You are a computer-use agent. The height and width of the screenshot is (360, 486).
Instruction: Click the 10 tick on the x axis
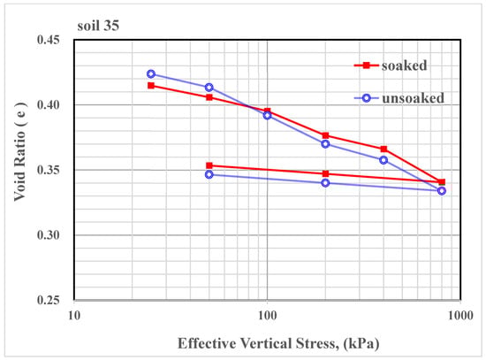(x=74, y=314)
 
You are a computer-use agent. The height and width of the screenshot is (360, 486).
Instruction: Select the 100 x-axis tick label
(x=267, y=314)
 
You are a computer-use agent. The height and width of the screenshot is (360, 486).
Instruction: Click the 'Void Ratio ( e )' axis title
(x=19, y=170)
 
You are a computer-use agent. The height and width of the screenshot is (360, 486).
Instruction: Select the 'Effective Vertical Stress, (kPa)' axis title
(x=266, y=342)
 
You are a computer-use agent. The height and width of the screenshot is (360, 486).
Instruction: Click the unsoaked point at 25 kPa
(x=151, y=74)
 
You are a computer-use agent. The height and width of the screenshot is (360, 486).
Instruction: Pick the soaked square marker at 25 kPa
(x=151, y=86)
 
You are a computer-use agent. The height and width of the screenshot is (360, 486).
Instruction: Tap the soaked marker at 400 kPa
(x=383, y=149)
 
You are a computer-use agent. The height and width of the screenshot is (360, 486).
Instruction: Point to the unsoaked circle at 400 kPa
(x=383, y=160)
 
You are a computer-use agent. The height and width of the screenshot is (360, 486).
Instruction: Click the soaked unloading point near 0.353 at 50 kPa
(x=209, y=165)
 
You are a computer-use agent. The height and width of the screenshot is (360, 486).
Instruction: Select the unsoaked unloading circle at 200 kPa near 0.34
(x=325, y=183)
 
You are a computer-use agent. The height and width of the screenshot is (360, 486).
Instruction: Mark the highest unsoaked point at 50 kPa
(x=209, y=88)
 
